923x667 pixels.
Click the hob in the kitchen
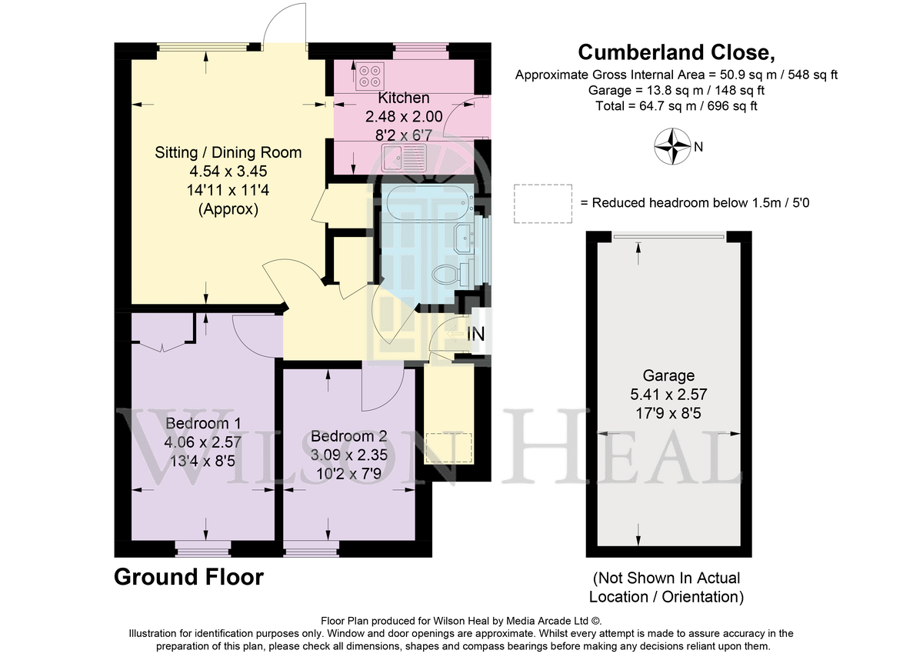coord(370,76)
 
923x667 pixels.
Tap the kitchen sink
coord(404,158)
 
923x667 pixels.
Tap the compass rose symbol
coord(672,146)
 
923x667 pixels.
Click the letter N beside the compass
coord(698,147)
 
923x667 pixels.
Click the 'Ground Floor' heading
coord(188,577)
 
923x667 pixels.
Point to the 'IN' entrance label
coord(475,334)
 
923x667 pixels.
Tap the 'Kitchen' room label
coord(403,98)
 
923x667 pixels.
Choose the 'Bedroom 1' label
coord(203,423)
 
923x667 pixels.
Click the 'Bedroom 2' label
coord(348,436)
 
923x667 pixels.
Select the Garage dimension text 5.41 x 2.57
coord(668,395)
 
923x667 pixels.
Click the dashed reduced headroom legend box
coord(543,204)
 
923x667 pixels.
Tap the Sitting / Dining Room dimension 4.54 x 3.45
coord(228,171)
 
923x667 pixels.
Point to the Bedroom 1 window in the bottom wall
coord(203,549)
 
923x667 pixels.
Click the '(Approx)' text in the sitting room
coord(228,209)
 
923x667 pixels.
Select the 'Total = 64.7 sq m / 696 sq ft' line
coord(676,106)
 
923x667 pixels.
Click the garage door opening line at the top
coord(668,237)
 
